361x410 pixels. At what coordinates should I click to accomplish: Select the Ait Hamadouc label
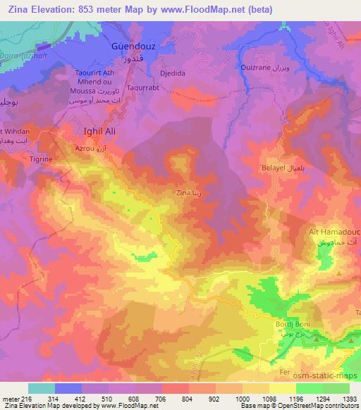334,232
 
